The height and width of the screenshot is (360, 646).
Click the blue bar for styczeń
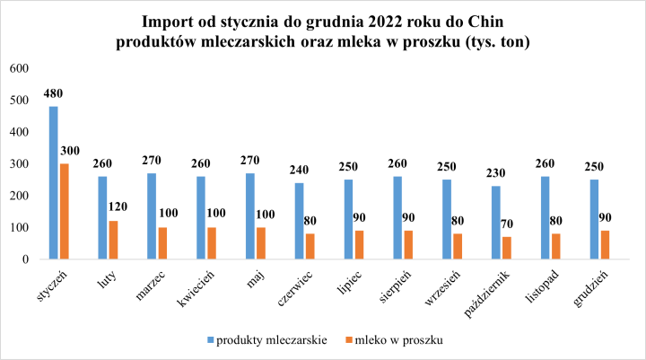pyautogui.click(x=54, y=183)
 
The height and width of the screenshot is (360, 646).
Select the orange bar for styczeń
pyautogui.click(x=64, y=212)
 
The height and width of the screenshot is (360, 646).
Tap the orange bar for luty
pyautogui.click(x=113, y=241)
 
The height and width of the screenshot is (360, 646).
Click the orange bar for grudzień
pyautogui.click(x=606, y=245)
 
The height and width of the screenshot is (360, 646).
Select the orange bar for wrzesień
pyautogui.click(x=458, y=247)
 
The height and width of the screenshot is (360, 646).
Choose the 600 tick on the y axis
pyautogui.click(x=19, y=68)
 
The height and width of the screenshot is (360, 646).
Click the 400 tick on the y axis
pyautogui.click(x=19, y=132)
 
